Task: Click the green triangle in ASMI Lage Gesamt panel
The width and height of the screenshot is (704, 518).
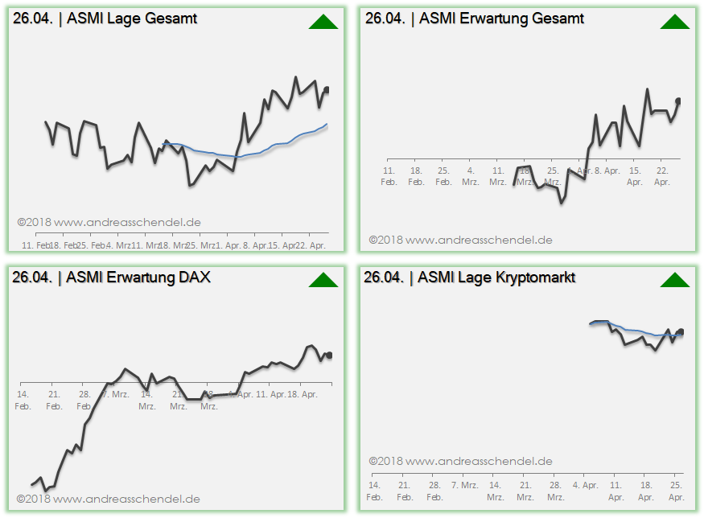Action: (323, 22)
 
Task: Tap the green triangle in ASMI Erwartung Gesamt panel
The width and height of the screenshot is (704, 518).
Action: (675, 22)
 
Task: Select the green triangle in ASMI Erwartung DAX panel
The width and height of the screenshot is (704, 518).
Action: (323, 280)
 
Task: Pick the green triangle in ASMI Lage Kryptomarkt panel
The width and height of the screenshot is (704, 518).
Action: (675, 280)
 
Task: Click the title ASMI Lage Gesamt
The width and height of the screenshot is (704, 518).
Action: (132, 18)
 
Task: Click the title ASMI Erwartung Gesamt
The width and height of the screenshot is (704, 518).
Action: (501, 18)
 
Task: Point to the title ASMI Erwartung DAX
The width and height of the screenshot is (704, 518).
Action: (138, 277)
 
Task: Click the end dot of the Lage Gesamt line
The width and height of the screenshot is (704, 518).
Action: (327, 90)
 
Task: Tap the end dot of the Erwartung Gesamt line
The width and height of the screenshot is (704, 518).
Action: (678, 101)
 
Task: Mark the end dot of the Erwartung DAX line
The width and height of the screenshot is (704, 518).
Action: (329, 355)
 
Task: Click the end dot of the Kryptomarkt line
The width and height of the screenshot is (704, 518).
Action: (681, 331)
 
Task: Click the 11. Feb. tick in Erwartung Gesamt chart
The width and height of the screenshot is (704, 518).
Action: (389, 175)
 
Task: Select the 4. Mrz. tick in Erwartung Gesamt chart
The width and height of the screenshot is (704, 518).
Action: (471, 175)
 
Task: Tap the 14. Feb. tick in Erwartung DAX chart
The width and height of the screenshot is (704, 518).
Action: (23, 399)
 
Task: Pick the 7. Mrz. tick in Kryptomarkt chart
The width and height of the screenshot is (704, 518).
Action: (465, 485)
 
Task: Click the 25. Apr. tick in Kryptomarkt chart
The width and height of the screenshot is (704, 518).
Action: (677, 491)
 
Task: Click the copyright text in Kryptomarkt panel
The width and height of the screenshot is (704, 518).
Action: (461, 461)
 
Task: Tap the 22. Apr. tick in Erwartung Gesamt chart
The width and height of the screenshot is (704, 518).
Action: (662, 175)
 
